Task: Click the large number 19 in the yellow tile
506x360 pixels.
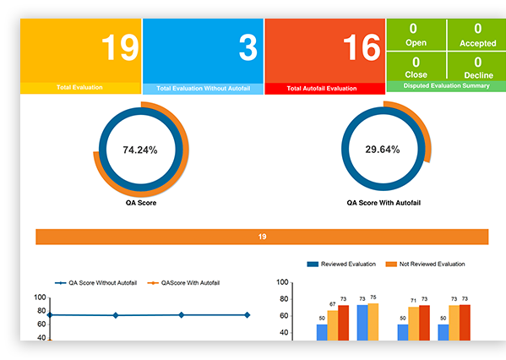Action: [119, 48]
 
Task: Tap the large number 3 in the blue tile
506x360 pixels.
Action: [247, 48]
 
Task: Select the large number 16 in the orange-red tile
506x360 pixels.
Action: [361, 48]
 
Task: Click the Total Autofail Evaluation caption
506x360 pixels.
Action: [323, 88]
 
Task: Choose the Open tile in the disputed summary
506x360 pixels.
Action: [416, 35]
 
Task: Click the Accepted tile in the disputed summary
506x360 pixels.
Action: [476, 35]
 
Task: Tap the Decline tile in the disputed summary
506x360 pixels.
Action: [476, 67]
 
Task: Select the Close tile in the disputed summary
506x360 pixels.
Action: [416, 67]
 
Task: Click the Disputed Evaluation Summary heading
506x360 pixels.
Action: [445, 86]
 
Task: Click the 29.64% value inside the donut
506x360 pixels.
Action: [384, 150]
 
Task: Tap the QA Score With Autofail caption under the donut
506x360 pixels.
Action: [384, 203]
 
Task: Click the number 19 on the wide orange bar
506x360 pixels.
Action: [263, 237]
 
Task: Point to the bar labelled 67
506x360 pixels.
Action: [333, 325]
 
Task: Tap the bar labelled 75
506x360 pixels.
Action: [373, 321]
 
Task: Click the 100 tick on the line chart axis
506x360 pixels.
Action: [40, 297]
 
